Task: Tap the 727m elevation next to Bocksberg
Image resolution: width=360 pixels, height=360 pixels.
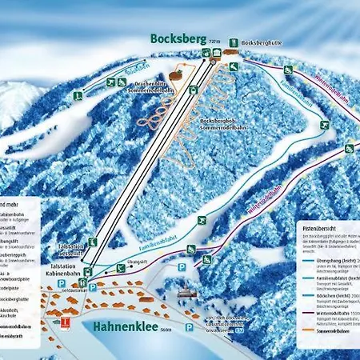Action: [214, 39]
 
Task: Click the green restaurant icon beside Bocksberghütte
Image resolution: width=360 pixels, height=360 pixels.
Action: [234, 42]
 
